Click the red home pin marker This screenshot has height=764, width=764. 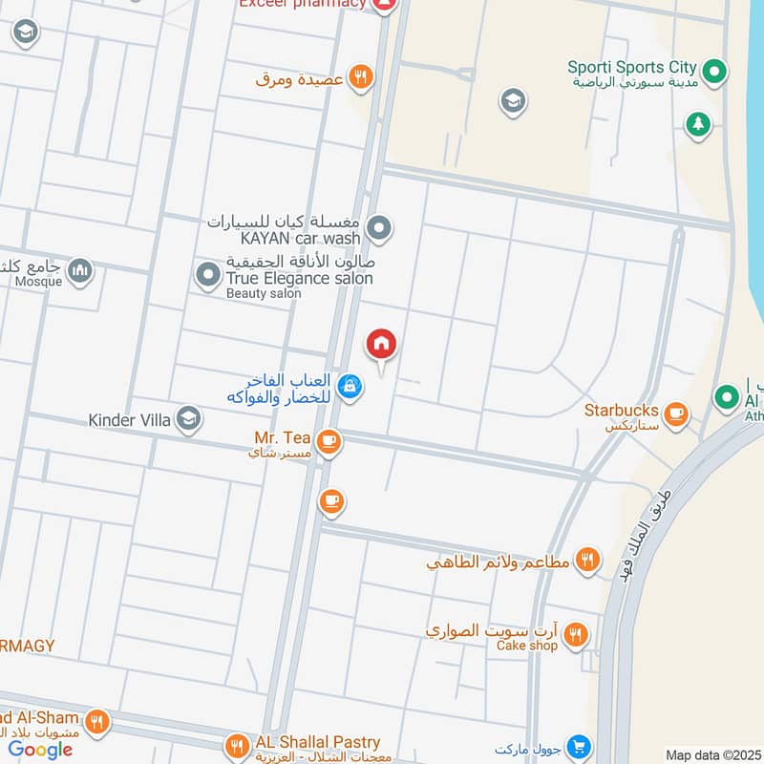381,344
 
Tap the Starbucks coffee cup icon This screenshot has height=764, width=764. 676,414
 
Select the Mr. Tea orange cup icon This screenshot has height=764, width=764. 329,440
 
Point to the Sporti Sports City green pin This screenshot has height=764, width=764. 712,70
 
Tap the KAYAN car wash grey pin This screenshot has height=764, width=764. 380,228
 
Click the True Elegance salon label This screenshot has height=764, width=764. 299,278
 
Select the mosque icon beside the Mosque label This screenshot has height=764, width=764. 81,271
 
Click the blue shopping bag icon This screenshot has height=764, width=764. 350,386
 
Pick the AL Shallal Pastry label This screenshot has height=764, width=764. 317,742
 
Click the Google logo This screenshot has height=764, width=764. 40,750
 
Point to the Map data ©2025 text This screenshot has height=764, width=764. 712,755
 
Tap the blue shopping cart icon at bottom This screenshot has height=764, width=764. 577,746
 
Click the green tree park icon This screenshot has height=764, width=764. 699,123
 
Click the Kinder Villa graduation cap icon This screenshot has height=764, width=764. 188,418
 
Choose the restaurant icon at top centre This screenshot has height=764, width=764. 360,78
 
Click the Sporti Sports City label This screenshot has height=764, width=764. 632,68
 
